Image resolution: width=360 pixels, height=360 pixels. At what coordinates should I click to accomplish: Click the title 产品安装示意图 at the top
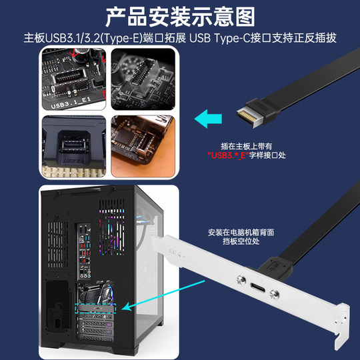click(x=179, y=15)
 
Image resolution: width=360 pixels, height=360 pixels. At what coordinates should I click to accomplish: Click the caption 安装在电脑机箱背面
click(x=241, y=232)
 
